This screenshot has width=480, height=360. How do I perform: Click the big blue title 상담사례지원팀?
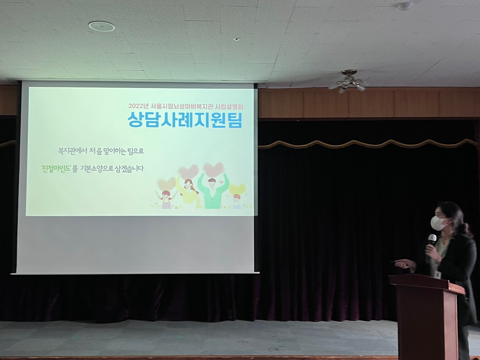[x=185, y=120]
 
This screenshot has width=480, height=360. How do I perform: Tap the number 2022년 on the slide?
[x=139, y=106]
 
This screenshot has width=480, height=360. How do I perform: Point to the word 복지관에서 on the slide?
[x=72, y=151]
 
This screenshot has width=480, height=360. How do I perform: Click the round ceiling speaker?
[x=102, y=26]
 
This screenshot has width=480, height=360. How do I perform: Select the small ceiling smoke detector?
[x=406, y=6]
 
